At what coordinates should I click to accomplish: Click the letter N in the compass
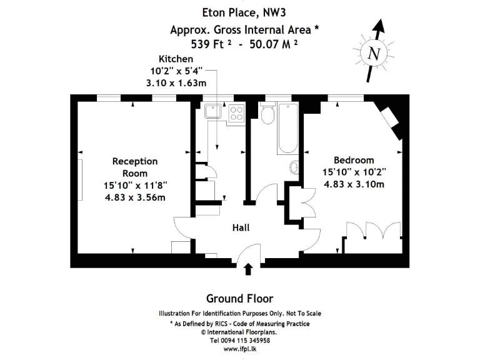point(374,54)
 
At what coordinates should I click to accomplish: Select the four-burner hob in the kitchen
point(236,112)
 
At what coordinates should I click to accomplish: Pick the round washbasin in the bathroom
point(295,167)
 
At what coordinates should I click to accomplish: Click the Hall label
point(241,228)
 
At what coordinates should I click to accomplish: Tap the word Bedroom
point(354,160)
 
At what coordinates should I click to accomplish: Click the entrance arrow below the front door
point(248,269)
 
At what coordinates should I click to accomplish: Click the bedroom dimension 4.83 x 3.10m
point(354,184)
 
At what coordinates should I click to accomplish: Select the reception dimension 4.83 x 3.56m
point(135,197)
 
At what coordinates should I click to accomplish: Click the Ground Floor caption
point(239,299)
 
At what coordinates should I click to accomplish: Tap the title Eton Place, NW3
point(239,12)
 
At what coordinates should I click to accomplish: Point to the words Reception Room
point(135,167)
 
